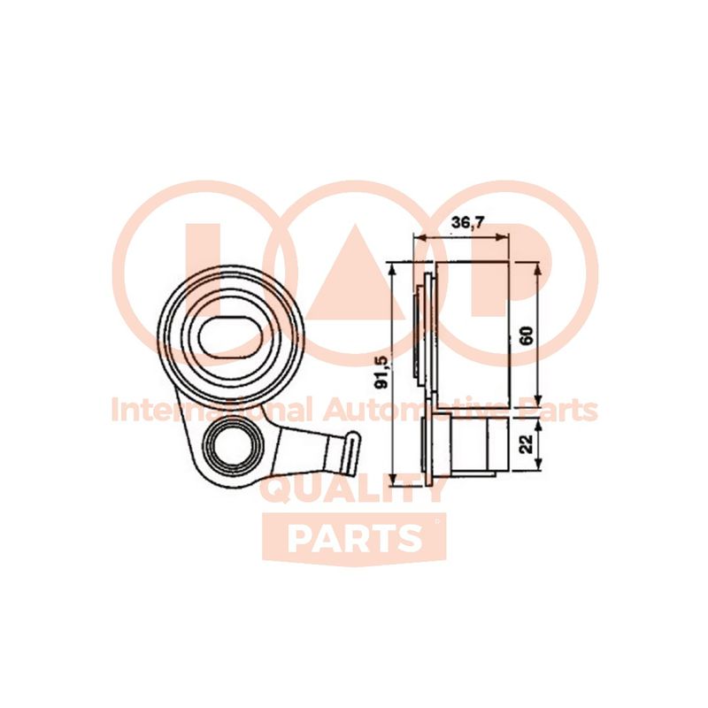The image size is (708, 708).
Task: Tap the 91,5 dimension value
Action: coord(382,372)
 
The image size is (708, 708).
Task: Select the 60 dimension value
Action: coord(527,335)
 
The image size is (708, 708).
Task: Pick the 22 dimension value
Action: coord(527,444)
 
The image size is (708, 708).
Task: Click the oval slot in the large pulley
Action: coord(231,337)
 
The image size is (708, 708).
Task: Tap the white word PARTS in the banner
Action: coord(352,538)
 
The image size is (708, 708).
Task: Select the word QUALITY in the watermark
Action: coord(353,492)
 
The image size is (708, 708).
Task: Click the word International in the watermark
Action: coord(212,410)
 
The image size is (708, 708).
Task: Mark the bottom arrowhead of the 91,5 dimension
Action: coord(392,480)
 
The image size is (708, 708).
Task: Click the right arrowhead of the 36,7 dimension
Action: coord(503,237)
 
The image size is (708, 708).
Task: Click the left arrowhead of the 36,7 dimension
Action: coord(420,237)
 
